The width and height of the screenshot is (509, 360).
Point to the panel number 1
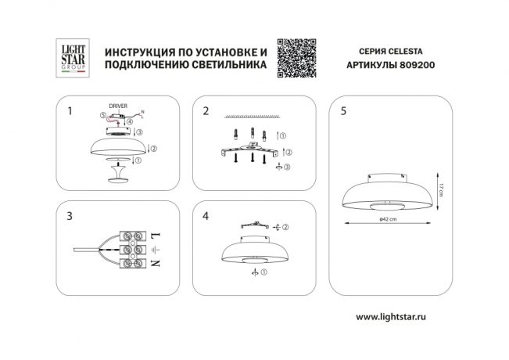pyautogui.click(x=70, y=111)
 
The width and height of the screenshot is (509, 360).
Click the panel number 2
pyautogui.click(x=206, y=111)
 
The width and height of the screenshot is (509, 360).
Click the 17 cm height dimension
pyautogui.click(x=442, y=189)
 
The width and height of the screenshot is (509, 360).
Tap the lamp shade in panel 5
pyautogui.click(x=388, y=191)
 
